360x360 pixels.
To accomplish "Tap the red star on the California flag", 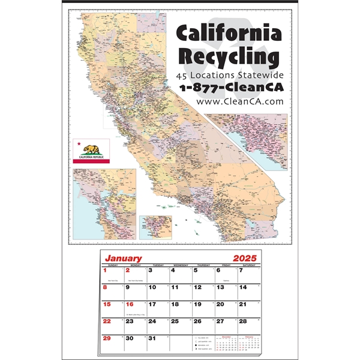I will [x=79, y=144].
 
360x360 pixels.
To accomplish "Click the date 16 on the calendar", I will [x=130, y=304].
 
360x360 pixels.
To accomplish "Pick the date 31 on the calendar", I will [x=152, y=338].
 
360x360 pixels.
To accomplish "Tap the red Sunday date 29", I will [x=107, y=338].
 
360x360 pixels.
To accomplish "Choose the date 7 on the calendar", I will [x=241, y=271].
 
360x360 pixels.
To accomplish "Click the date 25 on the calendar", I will [x=175, y=321].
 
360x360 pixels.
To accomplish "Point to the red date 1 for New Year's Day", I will [x=106, y=271].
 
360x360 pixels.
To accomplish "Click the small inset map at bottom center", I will [x=155, y=227].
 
